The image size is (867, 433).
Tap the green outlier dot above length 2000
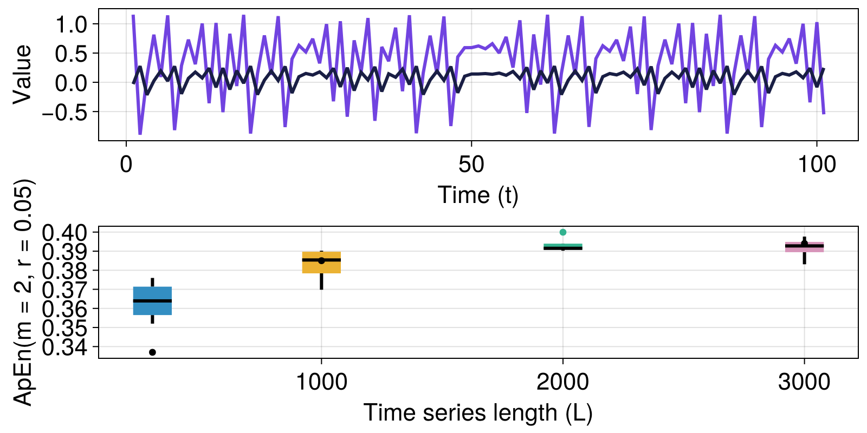pos(563,232)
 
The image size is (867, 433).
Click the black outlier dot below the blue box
pos(152,352)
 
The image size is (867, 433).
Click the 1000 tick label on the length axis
pos(321,383)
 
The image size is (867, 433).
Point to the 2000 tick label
pos(562,383)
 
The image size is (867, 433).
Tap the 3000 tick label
pos(804,383)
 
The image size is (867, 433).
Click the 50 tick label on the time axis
pos(471,165)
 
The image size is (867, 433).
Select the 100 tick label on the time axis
pos(817,165)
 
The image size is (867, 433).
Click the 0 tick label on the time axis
pos(126,165)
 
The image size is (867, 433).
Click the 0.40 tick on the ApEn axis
pos(64,233)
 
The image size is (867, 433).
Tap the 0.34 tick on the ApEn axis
pos(64,347)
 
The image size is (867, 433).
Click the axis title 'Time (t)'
pos(478,195)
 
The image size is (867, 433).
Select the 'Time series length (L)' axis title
pos(478,413)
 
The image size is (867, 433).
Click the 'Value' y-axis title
pos(23,74)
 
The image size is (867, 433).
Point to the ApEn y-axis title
pos(24,292)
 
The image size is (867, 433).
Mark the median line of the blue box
pos(152,301)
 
